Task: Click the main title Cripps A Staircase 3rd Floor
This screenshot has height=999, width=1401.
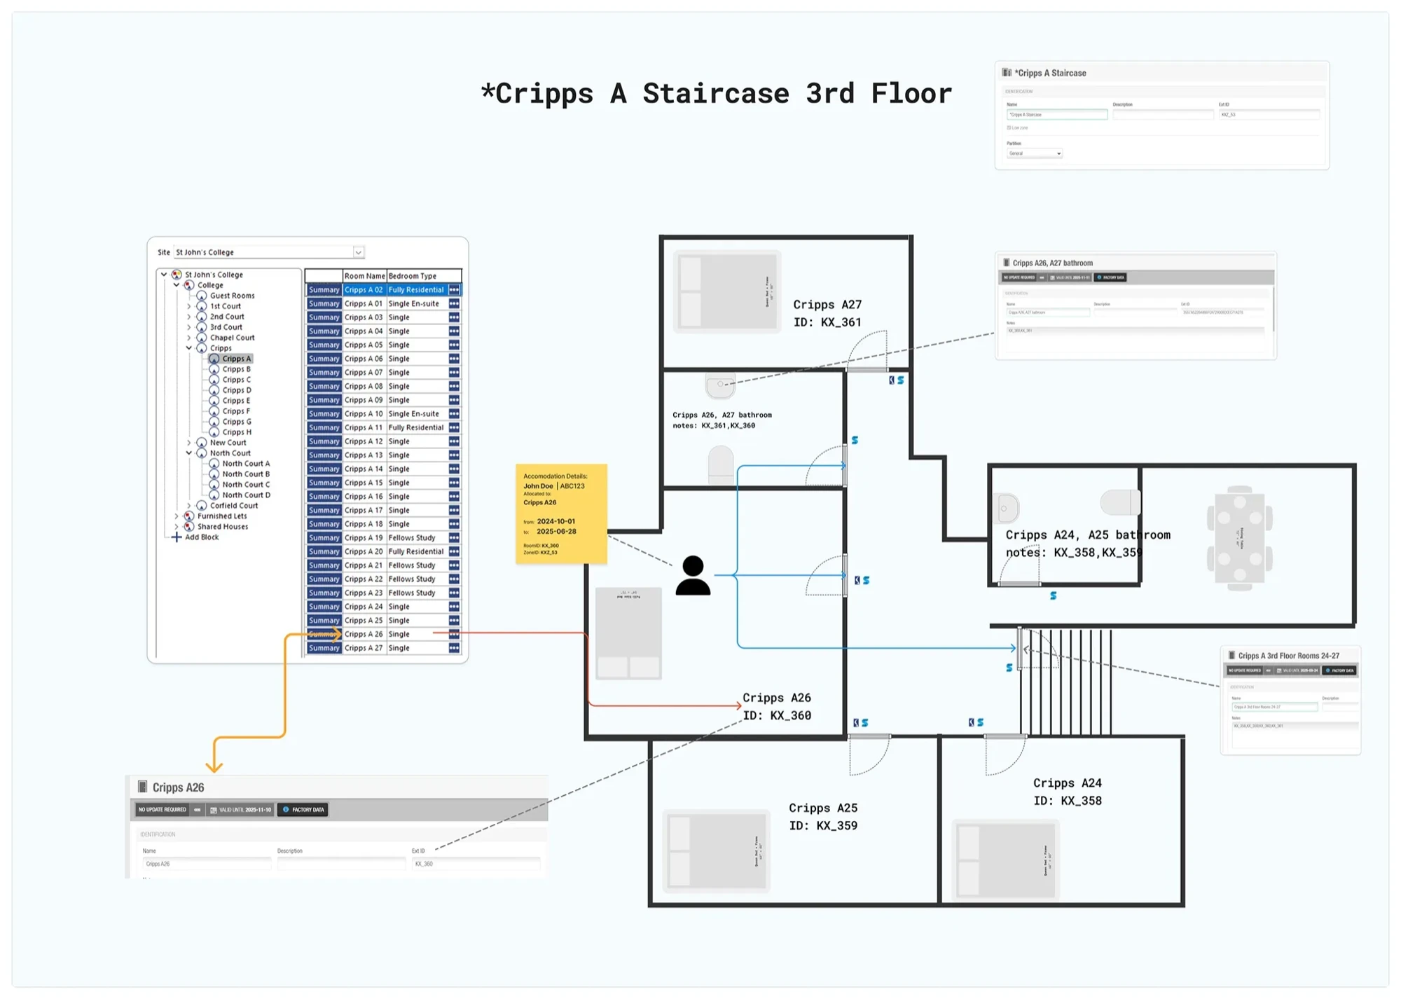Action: coord(716,93)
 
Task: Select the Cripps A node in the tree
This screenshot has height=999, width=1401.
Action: coord(236,359)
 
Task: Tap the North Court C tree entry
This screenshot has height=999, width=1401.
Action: coord(245,485)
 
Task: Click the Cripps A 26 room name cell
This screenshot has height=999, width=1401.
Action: coord(364,634)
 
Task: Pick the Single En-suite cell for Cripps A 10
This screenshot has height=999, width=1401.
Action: coord(414,414)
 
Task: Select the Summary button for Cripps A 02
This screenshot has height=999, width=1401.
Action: coord(324,290)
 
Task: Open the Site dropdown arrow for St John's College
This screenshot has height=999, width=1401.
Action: coord(358,252)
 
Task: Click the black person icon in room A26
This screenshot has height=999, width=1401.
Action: coord(693,576)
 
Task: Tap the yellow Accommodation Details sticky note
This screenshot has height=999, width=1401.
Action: coord(561,514)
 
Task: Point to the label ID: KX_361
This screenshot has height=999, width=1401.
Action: coord(827,322)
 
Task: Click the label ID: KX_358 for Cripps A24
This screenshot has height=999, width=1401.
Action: coord(1068,801)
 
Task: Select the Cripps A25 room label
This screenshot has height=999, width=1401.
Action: coord(823,808)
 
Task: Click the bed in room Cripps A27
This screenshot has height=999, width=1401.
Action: coord(727,291)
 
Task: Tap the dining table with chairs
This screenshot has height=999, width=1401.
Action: coord(1239,538)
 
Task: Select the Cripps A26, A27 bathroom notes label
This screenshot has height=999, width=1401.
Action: coord(722,420)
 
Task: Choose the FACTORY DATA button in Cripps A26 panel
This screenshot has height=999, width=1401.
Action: coord(304,810)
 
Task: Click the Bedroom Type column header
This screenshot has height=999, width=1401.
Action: coord(413,276)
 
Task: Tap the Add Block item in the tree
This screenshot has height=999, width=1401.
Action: coord(201,537)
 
